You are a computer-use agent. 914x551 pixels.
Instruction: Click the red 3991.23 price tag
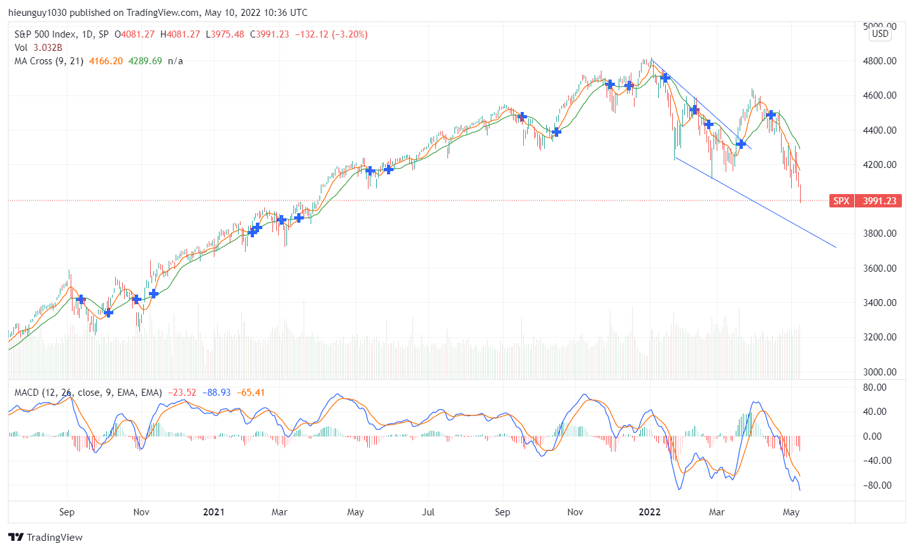879,201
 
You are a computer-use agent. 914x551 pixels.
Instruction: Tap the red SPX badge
841,201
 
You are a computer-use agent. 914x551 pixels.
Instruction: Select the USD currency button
880,34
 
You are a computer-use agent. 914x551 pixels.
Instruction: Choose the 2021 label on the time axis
213,512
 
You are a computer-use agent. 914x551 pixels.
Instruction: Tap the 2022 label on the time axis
650,512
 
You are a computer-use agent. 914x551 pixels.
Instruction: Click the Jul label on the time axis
428,512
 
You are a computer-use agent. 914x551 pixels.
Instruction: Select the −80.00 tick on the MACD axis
874,485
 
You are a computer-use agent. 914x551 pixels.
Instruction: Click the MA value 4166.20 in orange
106,61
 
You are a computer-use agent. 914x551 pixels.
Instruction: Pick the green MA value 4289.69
145,61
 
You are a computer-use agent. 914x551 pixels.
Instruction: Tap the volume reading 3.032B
48,48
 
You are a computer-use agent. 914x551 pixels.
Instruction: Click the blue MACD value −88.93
216,393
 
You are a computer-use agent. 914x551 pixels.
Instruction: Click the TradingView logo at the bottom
45,537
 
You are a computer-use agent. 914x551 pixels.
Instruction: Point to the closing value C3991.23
269,34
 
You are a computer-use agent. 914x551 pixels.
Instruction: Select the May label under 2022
791,512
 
